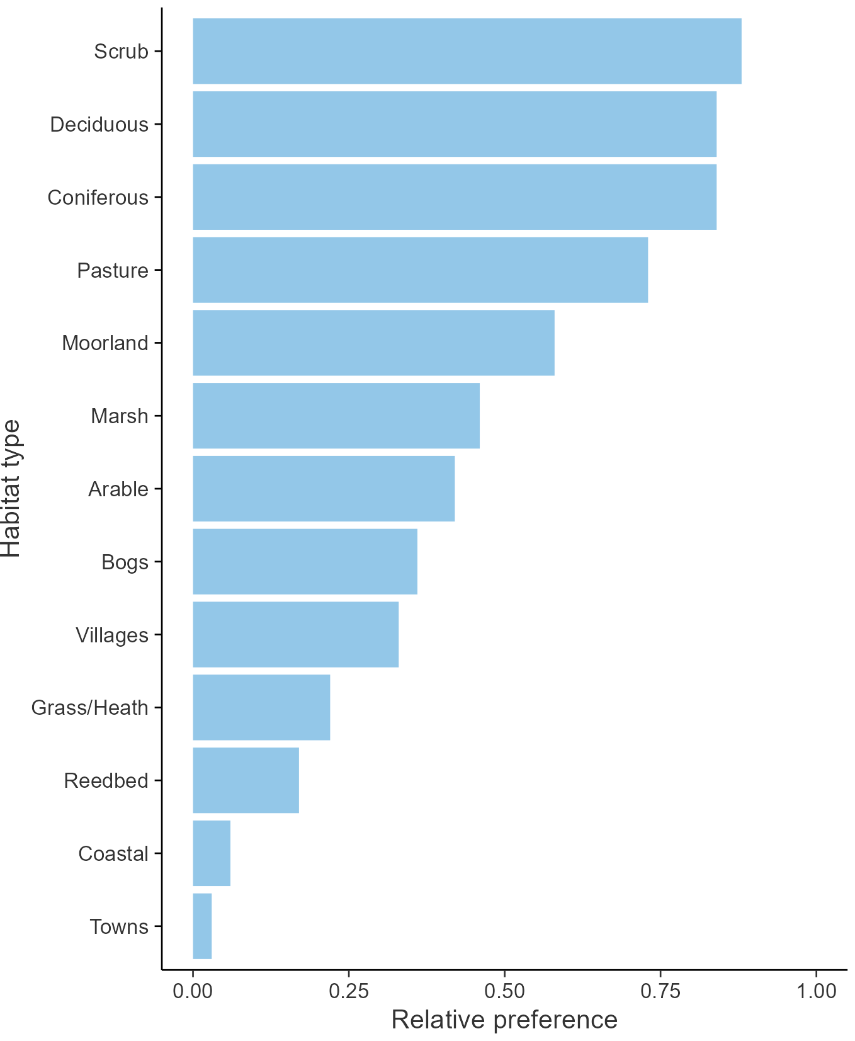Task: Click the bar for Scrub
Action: coord(467,51)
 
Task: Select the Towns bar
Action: coord(202,926)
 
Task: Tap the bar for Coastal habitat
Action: coord(212,853)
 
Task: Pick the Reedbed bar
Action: coord(246,780)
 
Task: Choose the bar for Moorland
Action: coord(373,343)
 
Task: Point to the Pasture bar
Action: coord(420,270)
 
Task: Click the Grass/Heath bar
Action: coord(261,707)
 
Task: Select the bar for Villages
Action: coord(295,634)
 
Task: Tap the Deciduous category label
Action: coord(99,125)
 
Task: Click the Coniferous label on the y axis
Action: coord(98,198)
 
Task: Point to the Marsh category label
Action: coord(120,416)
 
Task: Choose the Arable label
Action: coord(118,489)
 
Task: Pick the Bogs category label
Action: coord(125,562)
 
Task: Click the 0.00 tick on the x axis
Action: coord(193,991)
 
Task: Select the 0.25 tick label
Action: coord(348,991)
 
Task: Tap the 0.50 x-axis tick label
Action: coord(504,991)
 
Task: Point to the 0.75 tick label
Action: coord(660,991)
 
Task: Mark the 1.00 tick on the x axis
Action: coord(817,991)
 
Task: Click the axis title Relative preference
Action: coord(504,1020)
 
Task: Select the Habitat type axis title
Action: coord(11,489)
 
